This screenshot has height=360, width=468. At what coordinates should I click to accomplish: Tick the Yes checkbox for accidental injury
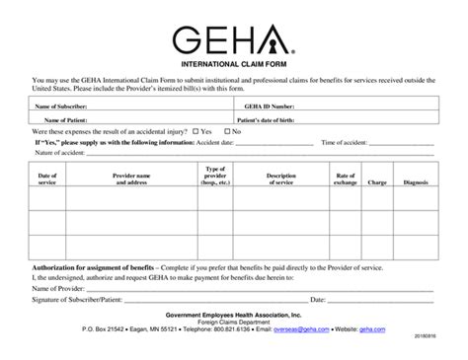[196, 130]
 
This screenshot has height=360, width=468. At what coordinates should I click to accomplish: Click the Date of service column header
[46, 179]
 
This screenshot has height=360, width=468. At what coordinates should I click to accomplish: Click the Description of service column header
[281, 179]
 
